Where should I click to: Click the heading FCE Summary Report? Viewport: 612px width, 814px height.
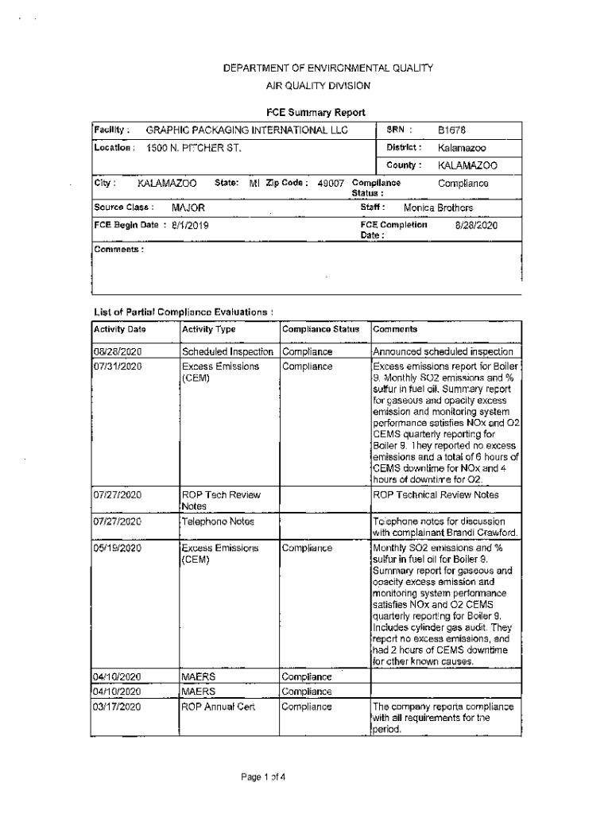pos(316,112)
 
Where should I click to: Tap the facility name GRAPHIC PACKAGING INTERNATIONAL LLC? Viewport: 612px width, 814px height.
pos(247,130)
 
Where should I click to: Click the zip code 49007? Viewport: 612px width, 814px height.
pos(331,183)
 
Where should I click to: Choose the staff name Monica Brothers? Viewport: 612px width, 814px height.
pos(438,207)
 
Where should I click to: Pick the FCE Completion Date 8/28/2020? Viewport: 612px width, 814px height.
pos(475,225)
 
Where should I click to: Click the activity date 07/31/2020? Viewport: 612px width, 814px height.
pos(118,366)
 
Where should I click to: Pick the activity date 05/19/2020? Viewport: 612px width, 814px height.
pos(118,548)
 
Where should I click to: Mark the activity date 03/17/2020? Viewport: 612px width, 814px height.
pos(118,706)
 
